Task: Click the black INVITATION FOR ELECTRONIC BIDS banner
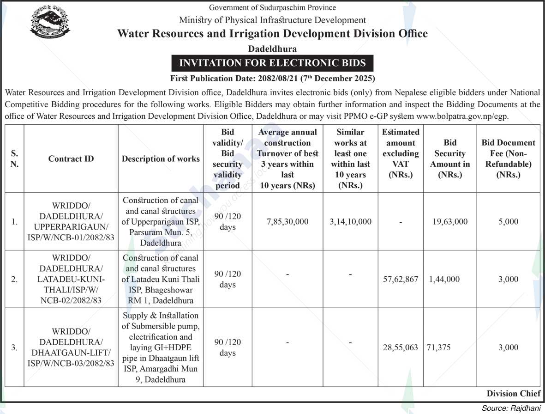coord(272,63)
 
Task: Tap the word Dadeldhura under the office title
coord(272,49)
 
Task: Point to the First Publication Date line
coord(272,78)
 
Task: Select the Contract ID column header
coord(71,158)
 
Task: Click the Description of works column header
coord(161,158)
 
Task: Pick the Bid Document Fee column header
coord(508,158)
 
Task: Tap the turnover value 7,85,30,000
coord(287,222)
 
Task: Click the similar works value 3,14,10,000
coord(350,222)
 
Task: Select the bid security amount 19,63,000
coord(449,222)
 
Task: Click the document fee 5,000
coord(508,222)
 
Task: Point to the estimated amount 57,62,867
coord(401,279)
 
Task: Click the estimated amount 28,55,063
coord(401,347)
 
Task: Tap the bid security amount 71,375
coord(439,347)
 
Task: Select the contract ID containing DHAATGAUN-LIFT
coord(71,347)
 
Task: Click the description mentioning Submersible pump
coord(161,347)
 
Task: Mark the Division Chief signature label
coord(513,394)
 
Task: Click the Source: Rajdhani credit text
coord(511,408)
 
